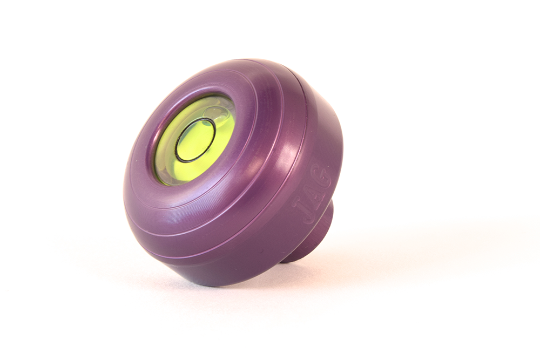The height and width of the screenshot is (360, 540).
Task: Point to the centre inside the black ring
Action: [x=195, y=140]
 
